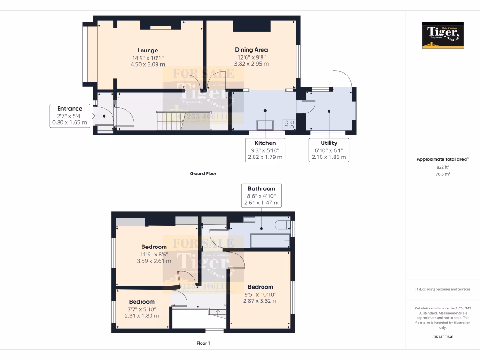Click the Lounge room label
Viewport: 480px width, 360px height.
(148, 51)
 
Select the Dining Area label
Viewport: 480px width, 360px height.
(251, 50)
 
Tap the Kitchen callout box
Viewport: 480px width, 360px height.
(265, 150)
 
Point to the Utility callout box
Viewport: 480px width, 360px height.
(329, 150)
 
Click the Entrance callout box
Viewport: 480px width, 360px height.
(70, 116)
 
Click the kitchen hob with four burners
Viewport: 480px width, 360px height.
(289, 125)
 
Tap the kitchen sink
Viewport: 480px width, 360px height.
(265, 125)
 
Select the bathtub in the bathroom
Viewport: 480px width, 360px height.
(270, 241)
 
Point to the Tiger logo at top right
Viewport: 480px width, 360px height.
(442, 35)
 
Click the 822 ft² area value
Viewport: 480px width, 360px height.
(442, 167)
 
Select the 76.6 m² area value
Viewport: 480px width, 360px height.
(442, 174)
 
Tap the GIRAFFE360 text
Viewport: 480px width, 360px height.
(442, 337)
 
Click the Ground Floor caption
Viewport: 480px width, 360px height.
(203, 173)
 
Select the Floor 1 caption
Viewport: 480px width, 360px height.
(203, 343)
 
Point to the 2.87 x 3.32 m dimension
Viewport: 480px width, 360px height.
(260, 301)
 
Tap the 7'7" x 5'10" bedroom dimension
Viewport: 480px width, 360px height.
(142, 309)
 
